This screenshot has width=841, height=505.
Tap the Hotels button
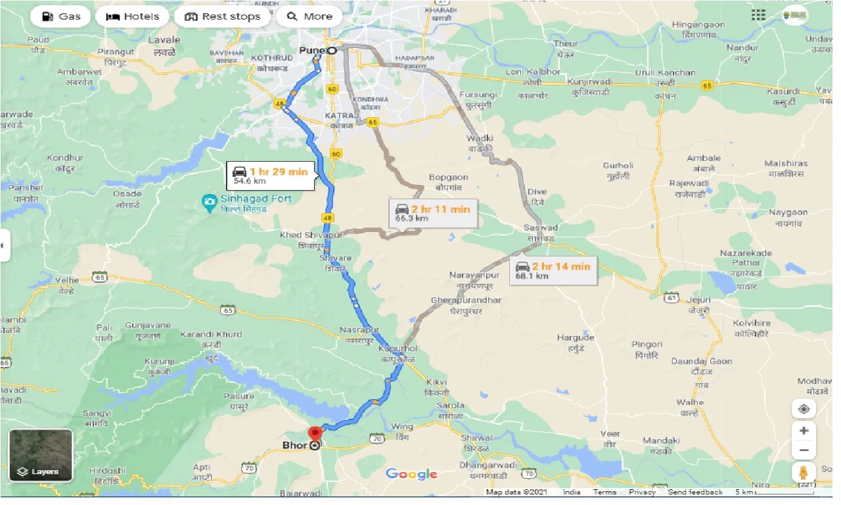point(132,16)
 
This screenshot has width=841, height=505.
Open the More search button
point(309,16)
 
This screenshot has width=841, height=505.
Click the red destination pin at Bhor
point(315,434)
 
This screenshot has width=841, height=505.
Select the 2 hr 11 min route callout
point(432,213)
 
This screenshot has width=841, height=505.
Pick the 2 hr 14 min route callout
point(553,270)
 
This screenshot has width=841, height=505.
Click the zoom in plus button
point(804,431)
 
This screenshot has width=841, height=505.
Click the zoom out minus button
point(804,451)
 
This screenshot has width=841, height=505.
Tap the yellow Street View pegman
point(804,472)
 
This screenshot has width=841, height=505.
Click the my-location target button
point(804,409)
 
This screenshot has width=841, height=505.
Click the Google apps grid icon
point(758,15)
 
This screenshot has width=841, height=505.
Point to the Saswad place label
point(539,228)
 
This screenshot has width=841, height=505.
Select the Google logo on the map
point(411,474)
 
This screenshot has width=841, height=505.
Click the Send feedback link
point(695,492)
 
